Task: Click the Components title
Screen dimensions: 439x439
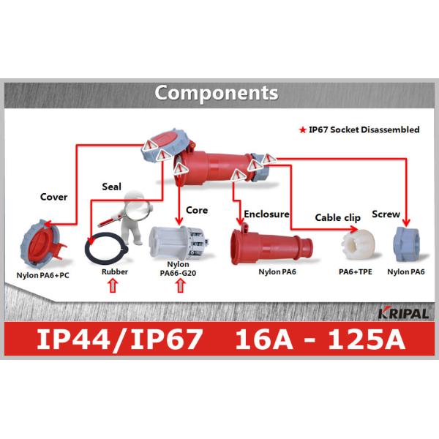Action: (x=217, y=94)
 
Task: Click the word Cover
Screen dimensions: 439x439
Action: (x=53, y=197)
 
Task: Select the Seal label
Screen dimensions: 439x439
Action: (x=111, y=186)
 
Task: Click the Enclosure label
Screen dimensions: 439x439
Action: (x=267, y=214)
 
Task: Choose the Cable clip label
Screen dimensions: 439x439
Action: (x=337, y=217)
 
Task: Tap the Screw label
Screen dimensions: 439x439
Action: (x=386, y=214)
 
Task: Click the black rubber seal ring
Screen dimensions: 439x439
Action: (x=105, y=249)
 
